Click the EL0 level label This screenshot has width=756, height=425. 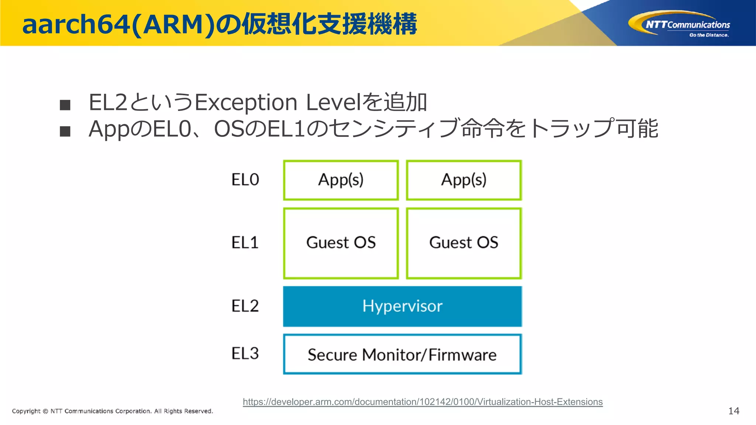pos(245,180)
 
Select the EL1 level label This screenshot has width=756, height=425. pos(245,243)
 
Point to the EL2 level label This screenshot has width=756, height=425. pos(245,306)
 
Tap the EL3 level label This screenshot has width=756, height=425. pos(245,353)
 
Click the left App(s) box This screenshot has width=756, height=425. pos(341,180)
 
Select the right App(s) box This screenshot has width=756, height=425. pos(464,180)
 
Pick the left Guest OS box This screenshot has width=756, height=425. pos(341,243)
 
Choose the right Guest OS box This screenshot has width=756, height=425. pos(464,243)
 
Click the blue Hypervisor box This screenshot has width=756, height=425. pos(402,306)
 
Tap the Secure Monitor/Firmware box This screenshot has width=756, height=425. pos(402,355)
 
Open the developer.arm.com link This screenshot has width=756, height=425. pos(423,402)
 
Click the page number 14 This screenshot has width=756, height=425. pos(733,411)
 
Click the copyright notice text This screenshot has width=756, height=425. pos(113,411)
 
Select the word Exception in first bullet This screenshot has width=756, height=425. pos(246,103)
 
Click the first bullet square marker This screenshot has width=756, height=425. pos(65,105)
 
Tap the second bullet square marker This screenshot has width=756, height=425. pos(65,131)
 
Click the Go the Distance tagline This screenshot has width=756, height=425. pos(709,35)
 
